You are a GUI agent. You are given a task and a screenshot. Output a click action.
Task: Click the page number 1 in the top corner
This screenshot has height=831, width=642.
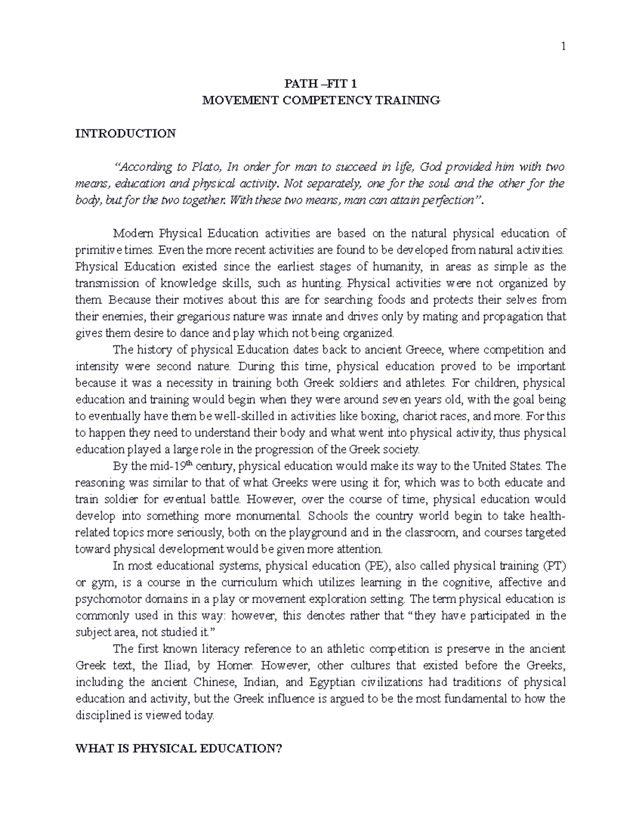(563, 47)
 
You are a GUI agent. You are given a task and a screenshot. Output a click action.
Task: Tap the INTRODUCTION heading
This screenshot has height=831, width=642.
(126, 134)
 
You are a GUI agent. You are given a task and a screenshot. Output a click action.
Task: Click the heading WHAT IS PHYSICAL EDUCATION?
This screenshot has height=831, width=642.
(179, 749)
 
